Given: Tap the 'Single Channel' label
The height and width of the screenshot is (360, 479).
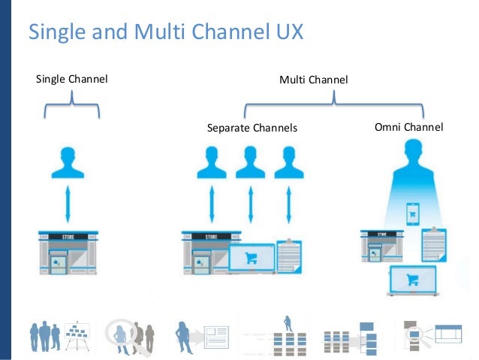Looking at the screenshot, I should pyautogui.click(x=72, y=78).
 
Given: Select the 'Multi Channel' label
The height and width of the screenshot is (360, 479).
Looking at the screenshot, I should pyautogui.click(x=314, y=79).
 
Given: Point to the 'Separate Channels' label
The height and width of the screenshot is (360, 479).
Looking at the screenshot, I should pyautogui.click(x=252, y=128).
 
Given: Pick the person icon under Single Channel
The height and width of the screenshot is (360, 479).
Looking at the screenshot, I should pyautogui.click(x=68, y=164).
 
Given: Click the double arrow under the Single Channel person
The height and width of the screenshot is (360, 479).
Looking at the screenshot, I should pyautogui.click(x=68, y=205).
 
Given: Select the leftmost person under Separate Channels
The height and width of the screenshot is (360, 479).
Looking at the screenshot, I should pyautogui.click(x=211, y=164).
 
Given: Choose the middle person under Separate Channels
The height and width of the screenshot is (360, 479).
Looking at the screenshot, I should pyautogui.click(x=250, y=164).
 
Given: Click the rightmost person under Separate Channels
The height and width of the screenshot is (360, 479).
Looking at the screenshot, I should pyautogui.click(x=289, y=164).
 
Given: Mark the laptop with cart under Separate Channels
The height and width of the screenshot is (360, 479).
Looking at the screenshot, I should pyautogui.click(x=251, y=259).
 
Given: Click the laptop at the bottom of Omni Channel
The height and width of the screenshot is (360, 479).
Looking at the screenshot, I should pyautogui.click(x=411, y=281).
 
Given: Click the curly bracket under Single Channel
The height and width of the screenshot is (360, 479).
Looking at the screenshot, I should pyautogui.click(x=72, y=105).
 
